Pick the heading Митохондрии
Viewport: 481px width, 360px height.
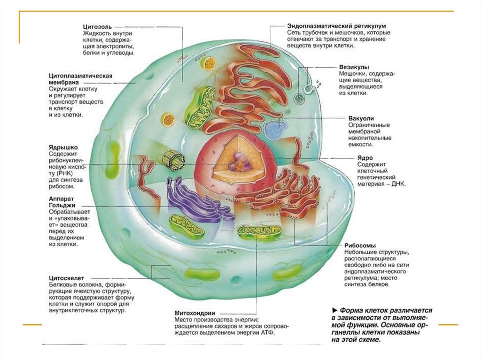(194, 313)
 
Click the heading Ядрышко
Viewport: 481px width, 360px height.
(65, 146)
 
